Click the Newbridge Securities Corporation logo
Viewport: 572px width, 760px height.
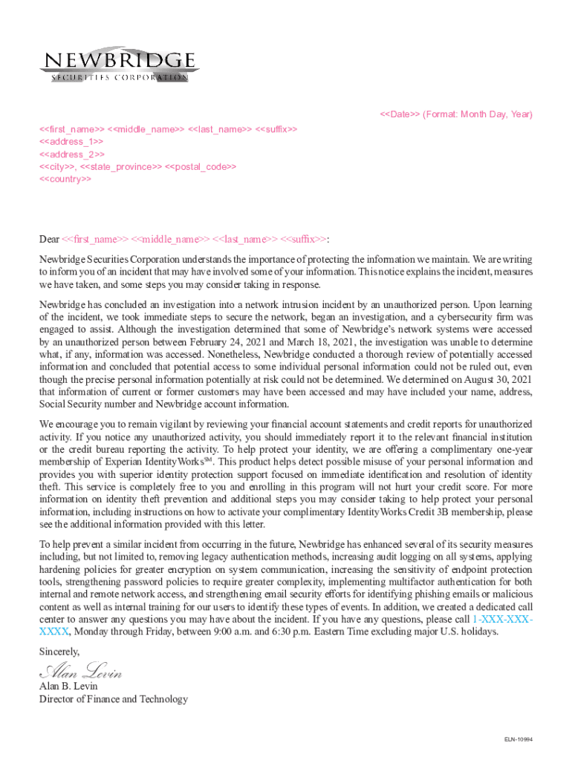[x=119, y=65]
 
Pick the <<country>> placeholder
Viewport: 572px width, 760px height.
[x=65, y=179]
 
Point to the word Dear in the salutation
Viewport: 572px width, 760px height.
[x=49, y=239]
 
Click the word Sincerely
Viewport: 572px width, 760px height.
[x=59, y=651]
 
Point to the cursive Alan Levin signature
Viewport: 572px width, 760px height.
[x=80, y=673]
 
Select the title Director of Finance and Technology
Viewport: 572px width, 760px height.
[x=113, y=698]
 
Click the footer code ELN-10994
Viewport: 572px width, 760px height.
[x=519, y=740]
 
